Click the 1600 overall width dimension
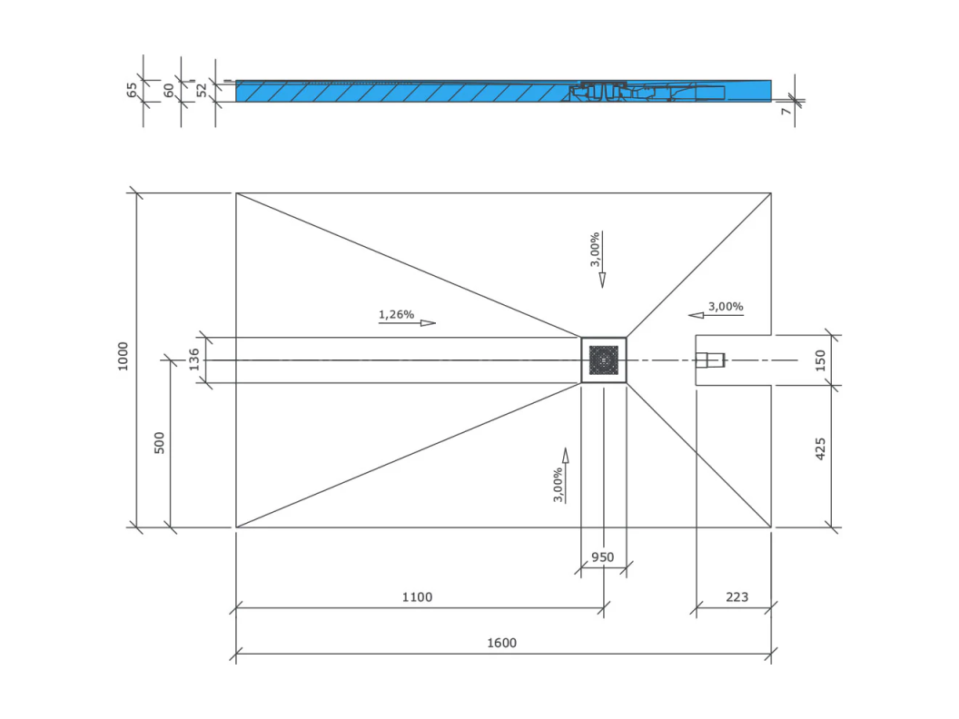[501, 643]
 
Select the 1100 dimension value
[417, 597]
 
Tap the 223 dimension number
[737, 597]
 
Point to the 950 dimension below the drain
[602, 557]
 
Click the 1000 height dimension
[123, 356]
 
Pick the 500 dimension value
[159, 443]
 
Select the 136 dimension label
[193, 359]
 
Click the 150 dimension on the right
[820, 360]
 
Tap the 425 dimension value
[820, 448]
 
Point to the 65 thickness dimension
[132, 90]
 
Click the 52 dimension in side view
[202, 91]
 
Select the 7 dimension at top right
[786, 111]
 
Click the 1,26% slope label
[396, 314]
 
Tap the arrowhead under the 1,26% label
[428, 323]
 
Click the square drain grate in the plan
[604, 360]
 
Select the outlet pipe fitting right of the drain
[710, 360]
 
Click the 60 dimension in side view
[169, 91]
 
